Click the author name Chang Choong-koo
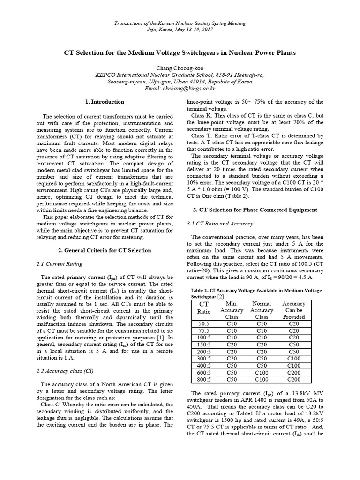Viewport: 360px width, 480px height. pos(180,67)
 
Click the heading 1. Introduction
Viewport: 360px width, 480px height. pos(105,102)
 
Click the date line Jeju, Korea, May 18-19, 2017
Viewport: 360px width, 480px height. pos(180,29)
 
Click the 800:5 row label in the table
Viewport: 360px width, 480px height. pos(204,380)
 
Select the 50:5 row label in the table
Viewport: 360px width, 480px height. pos(204,324)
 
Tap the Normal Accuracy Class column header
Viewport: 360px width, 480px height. pos(262,310)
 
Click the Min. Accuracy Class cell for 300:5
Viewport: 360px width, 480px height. pos(232,359)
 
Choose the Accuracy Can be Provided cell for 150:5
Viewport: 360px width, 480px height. pos(294,345)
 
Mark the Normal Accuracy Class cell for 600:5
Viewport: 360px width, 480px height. pos(262,373)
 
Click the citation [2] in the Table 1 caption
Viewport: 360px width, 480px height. pos(221,297)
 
